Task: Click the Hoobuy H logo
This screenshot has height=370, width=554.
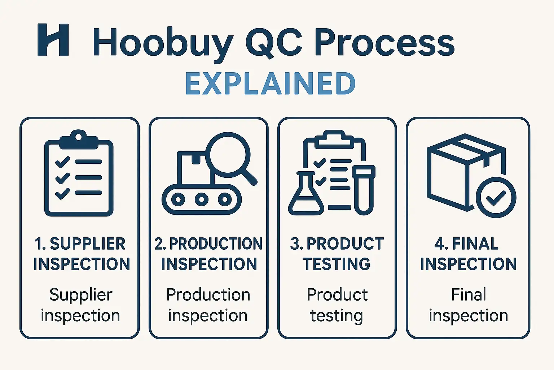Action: coord(53,40)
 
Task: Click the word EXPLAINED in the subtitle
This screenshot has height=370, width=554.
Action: coord(270,83)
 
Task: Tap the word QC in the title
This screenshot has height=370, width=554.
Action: coord(274,42)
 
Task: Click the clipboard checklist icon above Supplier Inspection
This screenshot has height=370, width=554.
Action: coord(79,173)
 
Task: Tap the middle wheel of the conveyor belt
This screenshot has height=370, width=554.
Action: coord(201,199)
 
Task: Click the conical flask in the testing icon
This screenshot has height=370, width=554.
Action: coord(306,194)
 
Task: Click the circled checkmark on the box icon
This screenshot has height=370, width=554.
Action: coord(496,198)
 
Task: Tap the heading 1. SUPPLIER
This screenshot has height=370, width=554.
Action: coord(80,244)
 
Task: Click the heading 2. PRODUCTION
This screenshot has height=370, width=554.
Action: coord(208,244)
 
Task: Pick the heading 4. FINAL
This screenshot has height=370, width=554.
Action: coord(466,244)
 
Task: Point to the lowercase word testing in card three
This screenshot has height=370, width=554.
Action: coord(337,316)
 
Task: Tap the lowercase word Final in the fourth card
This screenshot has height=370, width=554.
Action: coord(469,294)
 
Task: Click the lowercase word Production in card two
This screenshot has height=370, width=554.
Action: coord(208,294)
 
